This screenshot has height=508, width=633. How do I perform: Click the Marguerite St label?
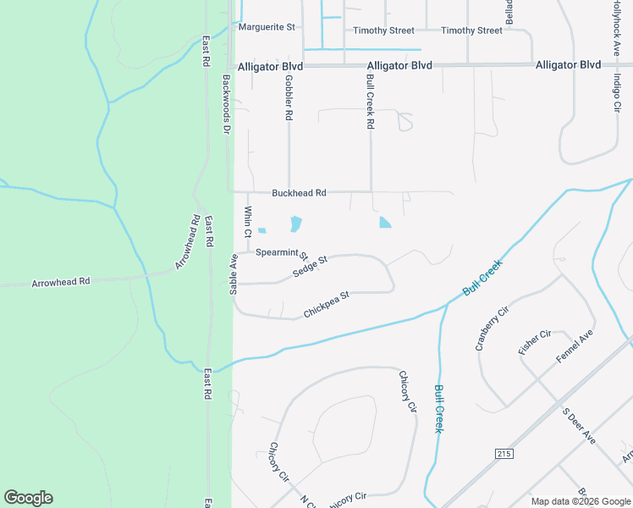pyautogui.click(x=266, y=27)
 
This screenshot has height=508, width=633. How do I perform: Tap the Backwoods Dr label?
pyautogui.click(x=226, y=104)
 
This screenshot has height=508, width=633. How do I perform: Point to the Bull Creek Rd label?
pyautogui.click(x=370, y=101)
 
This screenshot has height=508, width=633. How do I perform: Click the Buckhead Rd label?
pyautogui.click(x=299, y=193)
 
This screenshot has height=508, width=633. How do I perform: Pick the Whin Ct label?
pyautogui.click(x=248, y=222)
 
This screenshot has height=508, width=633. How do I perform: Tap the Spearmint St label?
pyautogui.click(x=282, y=252)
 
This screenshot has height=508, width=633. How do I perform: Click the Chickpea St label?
pyautogui.click(x=327, y=305)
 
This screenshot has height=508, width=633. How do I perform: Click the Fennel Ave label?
pyautogui.click(x=575, y=348)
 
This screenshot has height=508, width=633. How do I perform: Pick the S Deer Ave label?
pyautogui.click(x=580, y=426)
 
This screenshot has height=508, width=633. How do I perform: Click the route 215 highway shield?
pyautogui.click(x=504, y=455)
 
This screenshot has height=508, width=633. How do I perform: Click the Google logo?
pyautogui.click(x=28, y=498)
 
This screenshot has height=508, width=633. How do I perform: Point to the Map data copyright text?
pyautogui.click(x=579, y=501)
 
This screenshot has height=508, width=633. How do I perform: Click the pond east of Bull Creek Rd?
pyautogui.click(x=385, y=223)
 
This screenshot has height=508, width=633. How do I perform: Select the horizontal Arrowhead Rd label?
pyautogui.click(x=61, y=281)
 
